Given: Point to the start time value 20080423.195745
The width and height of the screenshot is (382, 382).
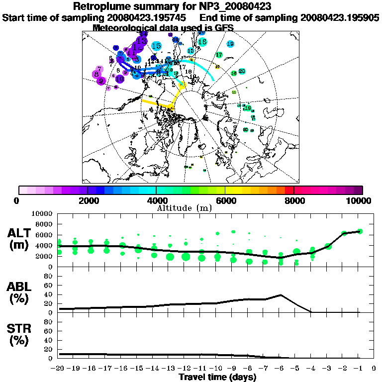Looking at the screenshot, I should pos(151,17).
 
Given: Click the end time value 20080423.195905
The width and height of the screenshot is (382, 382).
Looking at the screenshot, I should pos(340,17).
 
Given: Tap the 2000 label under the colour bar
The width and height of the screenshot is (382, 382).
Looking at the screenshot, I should pos(87,200).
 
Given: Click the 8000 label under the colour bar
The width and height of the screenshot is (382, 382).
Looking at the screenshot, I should pos(294,200).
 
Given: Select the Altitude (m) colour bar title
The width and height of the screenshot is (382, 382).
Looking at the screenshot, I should pos(191,207).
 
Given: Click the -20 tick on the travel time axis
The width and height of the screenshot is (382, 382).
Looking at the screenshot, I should pos(59,369).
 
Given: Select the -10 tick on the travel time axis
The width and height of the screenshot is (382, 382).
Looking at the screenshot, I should pos(217,369).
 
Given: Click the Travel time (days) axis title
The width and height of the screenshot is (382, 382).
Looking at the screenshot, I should pos(217,377).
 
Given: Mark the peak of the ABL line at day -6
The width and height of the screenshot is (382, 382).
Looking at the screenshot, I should pos(281,295).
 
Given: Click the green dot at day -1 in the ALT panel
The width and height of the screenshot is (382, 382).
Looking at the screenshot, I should pos(360,231).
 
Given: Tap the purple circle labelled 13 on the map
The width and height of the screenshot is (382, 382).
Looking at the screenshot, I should pos(143,40).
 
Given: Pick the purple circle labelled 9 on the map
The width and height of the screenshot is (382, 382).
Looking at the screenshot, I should pos(101,80).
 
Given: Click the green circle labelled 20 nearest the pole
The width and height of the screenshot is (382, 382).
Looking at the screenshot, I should pos(242,72).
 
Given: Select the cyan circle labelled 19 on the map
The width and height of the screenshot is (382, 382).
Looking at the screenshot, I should pos(230,44).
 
